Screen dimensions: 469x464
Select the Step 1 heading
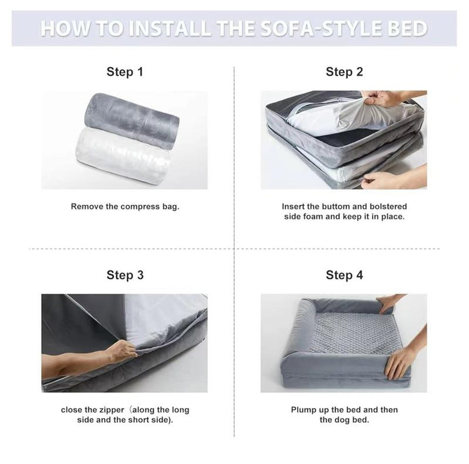(125, 72)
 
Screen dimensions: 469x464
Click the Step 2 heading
(344, 72)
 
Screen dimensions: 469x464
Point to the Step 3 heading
(125, 275)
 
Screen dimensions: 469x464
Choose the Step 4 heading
(344, 275)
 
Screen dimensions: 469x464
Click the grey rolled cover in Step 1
(132, 120)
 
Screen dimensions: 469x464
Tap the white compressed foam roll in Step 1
(123, 156)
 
